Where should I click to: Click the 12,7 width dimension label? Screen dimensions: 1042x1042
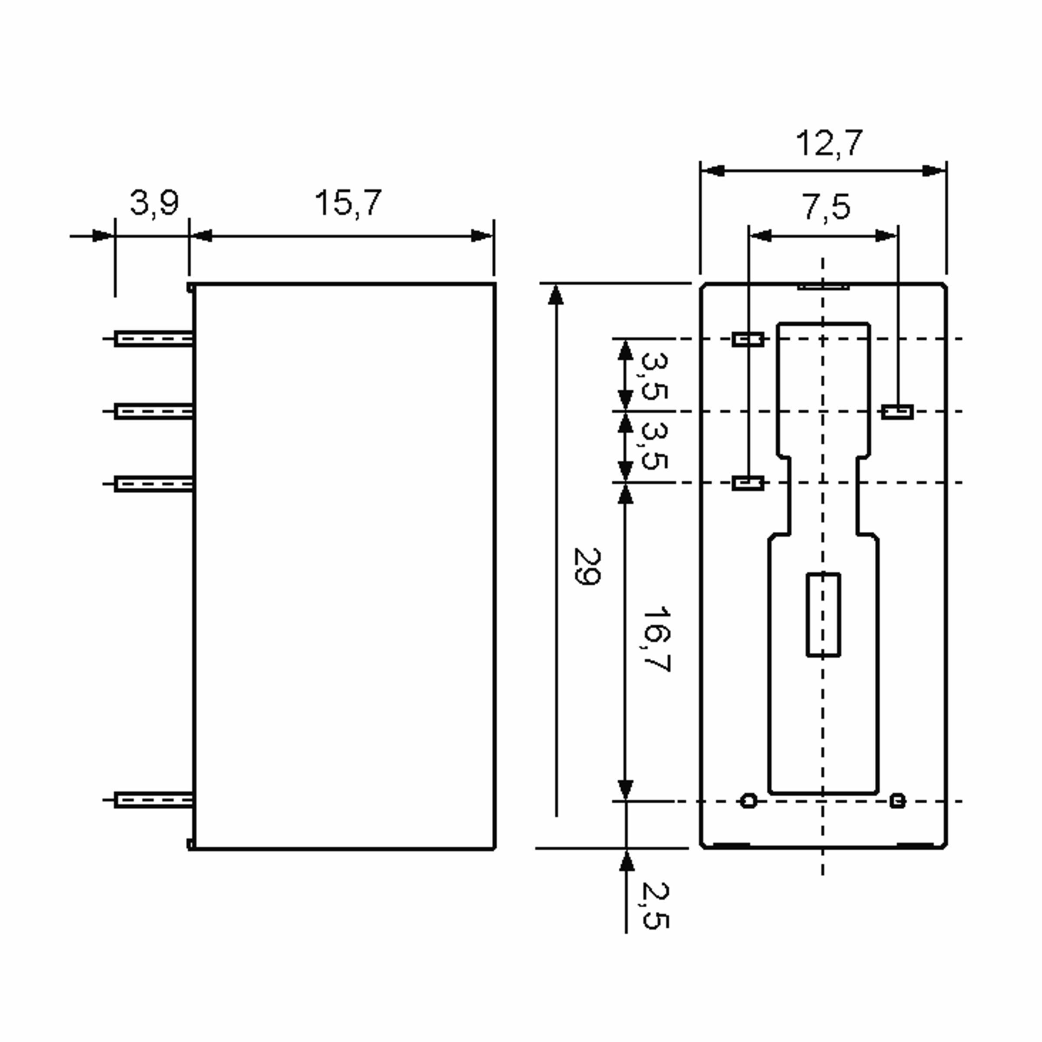click(x=829, y=143)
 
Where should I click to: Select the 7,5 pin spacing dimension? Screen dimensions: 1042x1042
click(x=826, y=207)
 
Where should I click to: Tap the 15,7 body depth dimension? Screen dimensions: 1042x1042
click(x=348, y=203)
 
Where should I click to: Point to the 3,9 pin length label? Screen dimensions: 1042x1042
click(x=154, y=203)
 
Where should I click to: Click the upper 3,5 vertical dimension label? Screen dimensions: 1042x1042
click(x=655, y=376)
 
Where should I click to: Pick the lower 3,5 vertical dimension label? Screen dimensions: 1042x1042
click(x=655, y=446)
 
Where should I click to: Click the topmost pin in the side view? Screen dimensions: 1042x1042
click(x=154, y=339)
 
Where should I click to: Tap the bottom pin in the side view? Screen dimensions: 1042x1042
click(x=154, y=800)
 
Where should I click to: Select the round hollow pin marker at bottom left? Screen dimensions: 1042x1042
click(x=748, y=800)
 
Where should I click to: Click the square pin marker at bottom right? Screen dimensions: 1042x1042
click(x=897, y=800)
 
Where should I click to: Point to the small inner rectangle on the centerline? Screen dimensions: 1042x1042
click(x=823, y=615)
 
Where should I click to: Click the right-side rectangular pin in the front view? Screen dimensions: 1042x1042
click(x=897, y=412)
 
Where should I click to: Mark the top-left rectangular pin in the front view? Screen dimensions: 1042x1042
click(x=748, y=339)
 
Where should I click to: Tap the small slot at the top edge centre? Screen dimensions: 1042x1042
click(x=823, y=287)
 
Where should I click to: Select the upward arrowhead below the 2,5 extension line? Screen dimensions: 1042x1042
click(x=626, y=861)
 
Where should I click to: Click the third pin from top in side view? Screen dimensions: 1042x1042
click(x=154, y=484)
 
